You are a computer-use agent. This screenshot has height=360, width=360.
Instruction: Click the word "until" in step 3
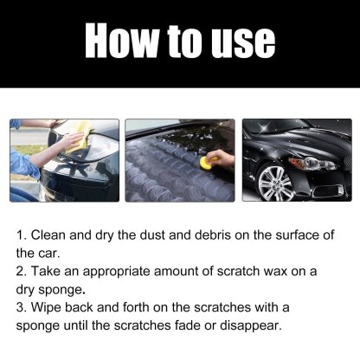coord(98,325)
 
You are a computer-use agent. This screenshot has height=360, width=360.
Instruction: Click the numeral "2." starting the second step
coord(22,271)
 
